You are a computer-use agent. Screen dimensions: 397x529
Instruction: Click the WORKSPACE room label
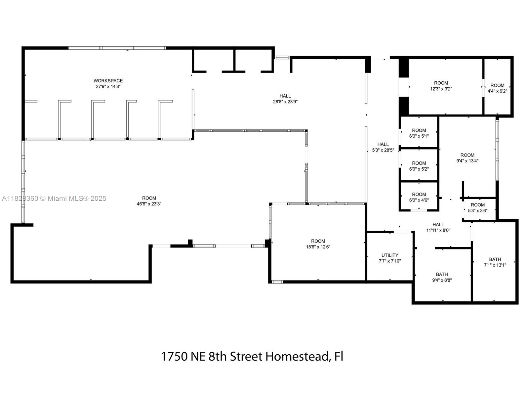tap(108, 81)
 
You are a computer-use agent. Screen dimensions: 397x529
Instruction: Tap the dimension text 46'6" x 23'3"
tap(149, 204)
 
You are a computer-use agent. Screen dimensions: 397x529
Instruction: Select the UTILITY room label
tap(390, 255)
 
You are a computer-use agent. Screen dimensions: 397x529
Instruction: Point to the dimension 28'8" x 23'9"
tap(285, 102)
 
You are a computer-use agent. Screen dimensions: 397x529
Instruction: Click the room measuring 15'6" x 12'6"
tap(318, 244)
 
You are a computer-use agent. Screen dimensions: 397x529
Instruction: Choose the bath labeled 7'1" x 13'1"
tap(495, 262)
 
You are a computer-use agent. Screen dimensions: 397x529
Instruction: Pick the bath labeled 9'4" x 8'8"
tap(442, 277)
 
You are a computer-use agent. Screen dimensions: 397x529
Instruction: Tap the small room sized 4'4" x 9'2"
tap(497, 88)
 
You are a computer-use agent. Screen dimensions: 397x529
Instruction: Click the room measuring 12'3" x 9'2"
tap(441, 86)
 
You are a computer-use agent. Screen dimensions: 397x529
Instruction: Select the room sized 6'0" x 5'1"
tap(419, 133)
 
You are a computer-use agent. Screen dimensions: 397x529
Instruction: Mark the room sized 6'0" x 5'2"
tap(419, 166)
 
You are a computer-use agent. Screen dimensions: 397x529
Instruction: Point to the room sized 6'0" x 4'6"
tap(419, 197)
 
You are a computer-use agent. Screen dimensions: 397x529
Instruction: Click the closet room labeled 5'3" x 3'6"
tap(477, 207)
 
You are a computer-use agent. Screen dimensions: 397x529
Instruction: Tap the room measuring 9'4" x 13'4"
tap(467, 158)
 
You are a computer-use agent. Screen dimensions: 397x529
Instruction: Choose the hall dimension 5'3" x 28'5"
tap(383, 150)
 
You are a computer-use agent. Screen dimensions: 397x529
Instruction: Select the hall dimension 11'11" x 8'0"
tap(438, 230)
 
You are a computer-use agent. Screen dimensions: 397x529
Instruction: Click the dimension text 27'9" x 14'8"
tap(108, 87)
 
